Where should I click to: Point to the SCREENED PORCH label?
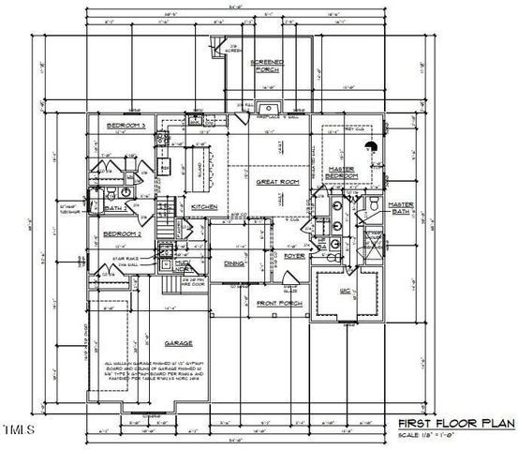[269, 67]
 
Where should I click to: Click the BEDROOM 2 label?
[121, 233]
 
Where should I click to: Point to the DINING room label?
[234, 263]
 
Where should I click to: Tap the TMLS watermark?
[18, 430]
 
